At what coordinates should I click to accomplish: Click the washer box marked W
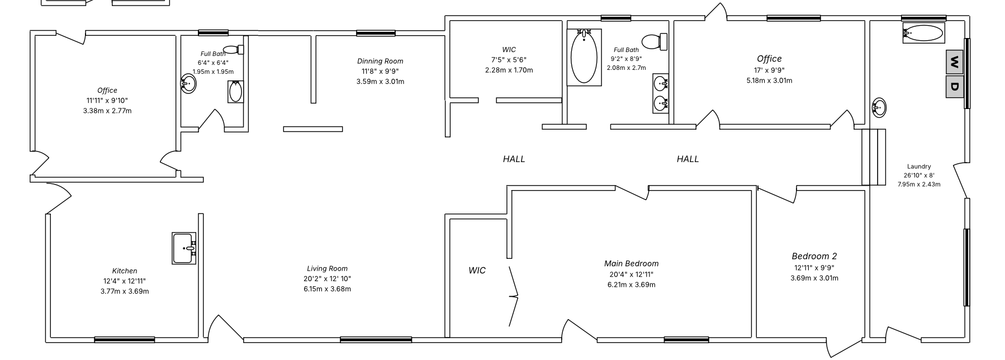pos(954,61)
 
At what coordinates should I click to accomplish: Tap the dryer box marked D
pos(954,87)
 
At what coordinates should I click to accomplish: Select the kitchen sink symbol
pos(184,248)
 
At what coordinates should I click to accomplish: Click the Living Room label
pos(327,268)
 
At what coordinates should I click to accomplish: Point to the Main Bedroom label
pos(631,263)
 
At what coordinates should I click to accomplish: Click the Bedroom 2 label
pos(814,256)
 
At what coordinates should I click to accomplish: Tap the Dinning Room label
pos(380,61)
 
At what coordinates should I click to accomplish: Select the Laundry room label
pos(919,166)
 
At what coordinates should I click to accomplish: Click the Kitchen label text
pos(125,271)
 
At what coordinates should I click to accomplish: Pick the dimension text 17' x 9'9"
pos(769,70)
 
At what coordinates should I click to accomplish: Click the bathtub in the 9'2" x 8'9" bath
pos(584,57)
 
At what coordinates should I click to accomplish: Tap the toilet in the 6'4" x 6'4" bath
pos(234,49)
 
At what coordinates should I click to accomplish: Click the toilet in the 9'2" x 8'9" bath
pos(655,41)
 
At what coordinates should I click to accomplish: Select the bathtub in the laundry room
pos(923,34)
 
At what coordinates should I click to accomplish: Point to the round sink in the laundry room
pos(879,107)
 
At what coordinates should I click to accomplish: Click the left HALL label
pos(514,159)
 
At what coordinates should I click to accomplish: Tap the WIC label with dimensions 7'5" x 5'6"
pos(509,49)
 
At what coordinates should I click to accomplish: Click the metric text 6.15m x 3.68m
pos(327,289)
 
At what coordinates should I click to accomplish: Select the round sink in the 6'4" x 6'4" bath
pos(188,84)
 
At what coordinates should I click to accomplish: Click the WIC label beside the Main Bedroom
pos(477,271)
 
